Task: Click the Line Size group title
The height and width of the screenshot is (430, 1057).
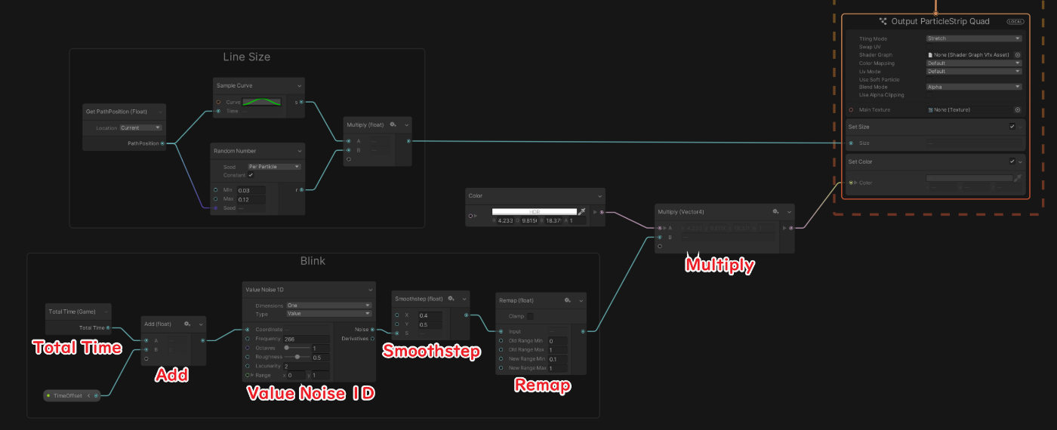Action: click(246, 57)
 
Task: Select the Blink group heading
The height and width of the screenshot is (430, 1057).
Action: click(313, 261)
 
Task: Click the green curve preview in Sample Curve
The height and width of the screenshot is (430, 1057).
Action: click(261, 102)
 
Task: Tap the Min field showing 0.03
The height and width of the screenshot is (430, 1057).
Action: click(251, 191)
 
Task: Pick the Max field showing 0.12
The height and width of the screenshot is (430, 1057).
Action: click(251, 200)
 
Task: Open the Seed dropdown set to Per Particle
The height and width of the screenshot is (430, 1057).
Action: click(274, 167)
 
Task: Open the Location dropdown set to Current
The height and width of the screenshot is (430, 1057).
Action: click(140, 127)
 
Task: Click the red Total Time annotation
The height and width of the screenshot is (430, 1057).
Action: click(77, 348)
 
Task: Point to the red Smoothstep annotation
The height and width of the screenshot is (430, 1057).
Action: click(431, 352)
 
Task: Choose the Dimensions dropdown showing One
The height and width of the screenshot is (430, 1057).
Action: click(328, 306)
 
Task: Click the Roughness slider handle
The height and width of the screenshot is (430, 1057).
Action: click(297, 357)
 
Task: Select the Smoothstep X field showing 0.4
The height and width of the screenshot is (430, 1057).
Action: click(433, 315)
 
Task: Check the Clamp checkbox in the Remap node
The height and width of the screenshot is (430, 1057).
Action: click(529, 316)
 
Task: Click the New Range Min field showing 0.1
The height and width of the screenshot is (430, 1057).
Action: click(558, 359)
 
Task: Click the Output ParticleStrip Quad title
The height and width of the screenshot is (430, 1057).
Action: click(940, 22)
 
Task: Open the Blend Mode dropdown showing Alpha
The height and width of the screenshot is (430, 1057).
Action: click(973, 87)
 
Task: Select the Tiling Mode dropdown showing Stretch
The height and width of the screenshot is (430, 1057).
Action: click(973, 38)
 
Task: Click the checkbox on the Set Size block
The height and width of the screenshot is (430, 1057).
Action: click(1012, 127)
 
